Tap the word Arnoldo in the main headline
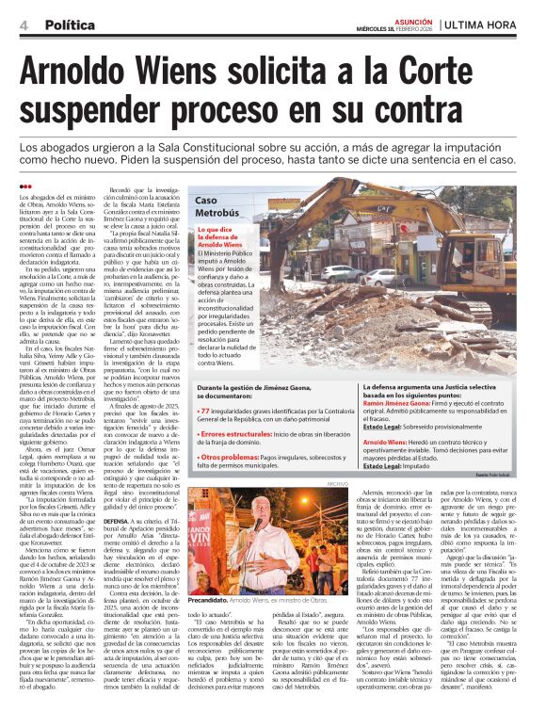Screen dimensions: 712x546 (x=90, y=73)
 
